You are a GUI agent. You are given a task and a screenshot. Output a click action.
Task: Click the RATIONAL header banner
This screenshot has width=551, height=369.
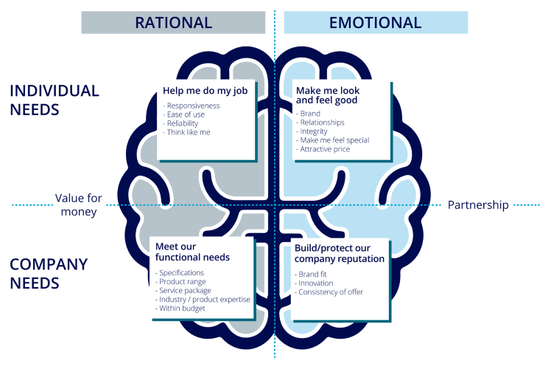[x=173, y=22]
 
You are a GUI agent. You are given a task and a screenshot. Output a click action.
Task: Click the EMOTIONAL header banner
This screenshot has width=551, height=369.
[x=376, y=22]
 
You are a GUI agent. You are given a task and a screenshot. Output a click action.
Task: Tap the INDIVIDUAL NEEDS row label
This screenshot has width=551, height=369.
[x=54, y=100]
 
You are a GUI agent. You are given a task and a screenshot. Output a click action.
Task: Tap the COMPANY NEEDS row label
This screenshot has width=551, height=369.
[x=49, y=273]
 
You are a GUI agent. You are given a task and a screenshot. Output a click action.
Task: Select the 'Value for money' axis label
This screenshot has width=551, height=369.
[x=78, y=205]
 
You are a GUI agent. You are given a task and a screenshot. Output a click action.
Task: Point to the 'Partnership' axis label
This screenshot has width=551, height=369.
[x=478, y=205]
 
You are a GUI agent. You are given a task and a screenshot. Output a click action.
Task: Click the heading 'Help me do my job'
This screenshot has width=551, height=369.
[x=205, y=90]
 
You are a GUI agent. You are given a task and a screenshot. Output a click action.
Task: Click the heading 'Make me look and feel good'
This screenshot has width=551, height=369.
[x=327, y=95]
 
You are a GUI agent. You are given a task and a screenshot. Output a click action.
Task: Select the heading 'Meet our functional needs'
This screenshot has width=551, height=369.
[x=192, y=252]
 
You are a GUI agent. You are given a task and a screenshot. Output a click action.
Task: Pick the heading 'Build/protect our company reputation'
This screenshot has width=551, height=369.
[x=339, y=253]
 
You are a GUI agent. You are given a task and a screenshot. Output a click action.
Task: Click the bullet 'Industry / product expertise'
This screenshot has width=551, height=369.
[x=203, y=300]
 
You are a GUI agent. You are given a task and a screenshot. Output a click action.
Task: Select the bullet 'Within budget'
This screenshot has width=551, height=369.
[x=180, y=308]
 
